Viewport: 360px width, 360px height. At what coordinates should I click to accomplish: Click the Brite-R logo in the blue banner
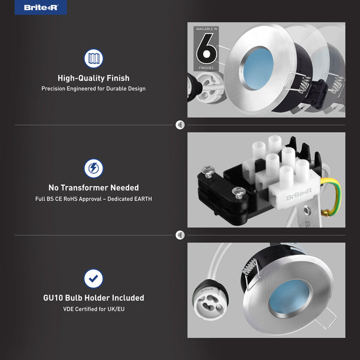point(41,8)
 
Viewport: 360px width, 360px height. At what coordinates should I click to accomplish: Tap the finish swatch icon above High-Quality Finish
point(94,59)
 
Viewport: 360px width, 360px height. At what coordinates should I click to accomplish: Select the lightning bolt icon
point(94,168)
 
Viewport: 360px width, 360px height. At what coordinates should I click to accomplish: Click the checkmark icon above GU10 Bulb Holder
point(94,279)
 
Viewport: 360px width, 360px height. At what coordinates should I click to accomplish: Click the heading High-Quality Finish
point(94,78)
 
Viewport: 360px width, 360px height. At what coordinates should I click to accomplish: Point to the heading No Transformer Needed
point(94,188)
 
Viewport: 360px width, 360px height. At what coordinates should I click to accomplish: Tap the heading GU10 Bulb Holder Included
point(94,298)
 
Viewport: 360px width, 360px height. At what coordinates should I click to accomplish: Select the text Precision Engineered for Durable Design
point(94,88)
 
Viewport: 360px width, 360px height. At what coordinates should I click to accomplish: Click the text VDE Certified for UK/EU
point(94,309)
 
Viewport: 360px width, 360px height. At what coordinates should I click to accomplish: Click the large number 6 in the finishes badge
point(206,48)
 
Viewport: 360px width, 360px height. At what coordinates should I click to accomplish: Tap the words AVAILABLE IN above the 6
point(206,29)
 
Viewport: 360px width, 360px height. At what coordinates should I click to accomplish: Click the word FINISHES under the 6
point(206,68)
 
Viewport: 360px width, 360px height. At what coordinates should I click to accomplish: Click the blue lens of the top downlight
point(258,68)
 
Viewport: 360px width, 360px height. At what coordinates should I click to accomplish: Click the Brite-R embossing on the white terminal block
point(298,194)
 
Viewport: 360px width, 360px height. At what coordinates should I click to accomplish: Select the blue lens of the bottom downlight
point(289,297)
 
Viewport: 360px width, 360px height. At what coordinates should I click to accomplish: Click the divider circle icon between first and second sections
point(180,125)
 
